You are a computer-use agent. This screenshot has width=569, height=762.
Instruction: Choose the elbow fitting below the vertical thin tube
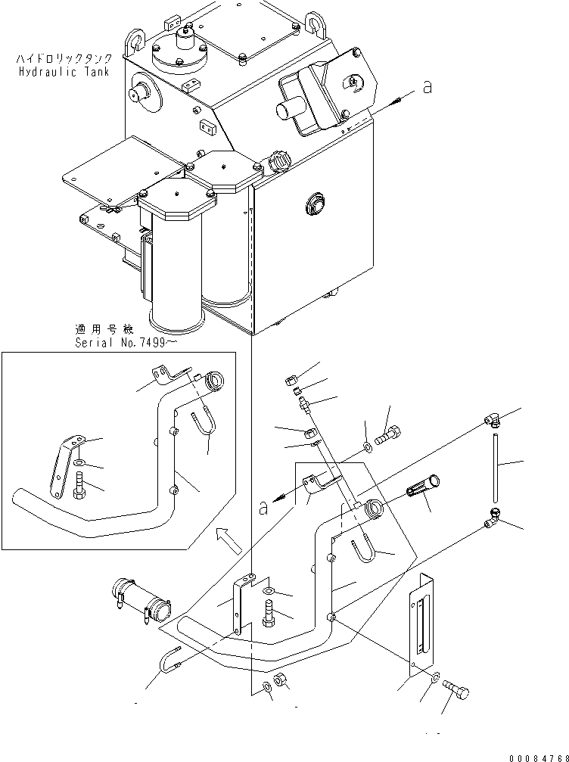click(493, 516)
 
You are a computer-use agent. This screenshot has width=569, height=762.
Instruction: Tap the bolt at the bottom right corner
click(454, 690)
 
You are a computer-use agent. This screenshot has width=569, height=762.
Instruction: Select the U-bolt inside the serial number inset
click(202, 427)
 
